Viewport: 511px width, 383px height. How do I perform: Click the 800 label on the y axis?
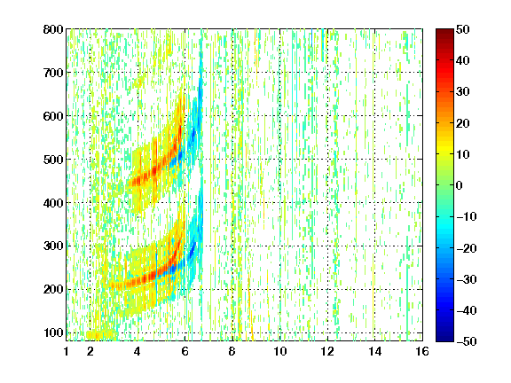[x=53, y=29]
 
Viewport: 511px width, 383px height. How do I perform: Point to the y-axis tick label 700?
[x=53, y=73]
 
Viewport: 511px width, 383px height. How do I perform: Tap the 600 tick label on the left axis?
[x=53, y=116]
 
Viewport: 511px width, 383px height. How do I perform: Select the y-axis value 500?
[x=53, y=160]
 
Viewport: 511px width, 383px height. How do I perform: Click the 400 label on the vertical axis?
[x=53, y=203]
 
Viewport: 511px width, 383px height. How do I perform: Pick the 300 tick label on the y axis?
[x=53, y=246]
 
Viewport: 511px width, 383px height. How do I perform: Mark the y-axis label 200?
[x=53, y=289]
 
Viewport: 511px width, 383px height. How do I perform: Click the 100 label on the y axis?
[x=53, y=332]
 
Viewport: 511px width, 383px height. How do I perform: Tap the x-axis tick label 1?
[x=67, y=352]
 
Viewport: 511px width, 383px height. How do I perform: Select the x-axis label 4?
[x=138, y=352]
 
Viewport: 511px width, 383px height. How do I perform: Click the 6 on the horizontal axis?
[x=185, y=352]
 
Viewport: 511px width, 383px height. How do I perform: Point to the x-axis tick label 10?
[x=279, y=352]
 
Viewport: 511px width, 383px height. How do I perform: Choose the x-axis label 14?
[x=374, y=352]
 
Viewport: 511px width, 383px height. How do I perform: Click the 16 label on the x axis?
[x=422, y=352]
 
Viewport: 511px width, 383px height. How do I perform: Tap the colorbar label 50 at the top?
[x=462, y=29]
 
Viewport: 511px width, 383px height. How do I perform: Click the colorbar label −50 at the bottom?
[x=467, y=341]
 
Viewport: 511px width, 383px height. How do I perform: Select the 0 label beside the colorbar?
[x=460, y=185]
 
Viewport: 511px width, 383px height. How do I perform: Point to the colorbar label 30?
[x=462, y=92]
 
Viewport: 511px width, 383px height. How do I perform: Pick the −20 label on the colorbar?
[x=467, y=248]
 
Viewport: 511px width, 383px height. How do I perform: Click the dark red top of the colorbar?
[x=444, y=33]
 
